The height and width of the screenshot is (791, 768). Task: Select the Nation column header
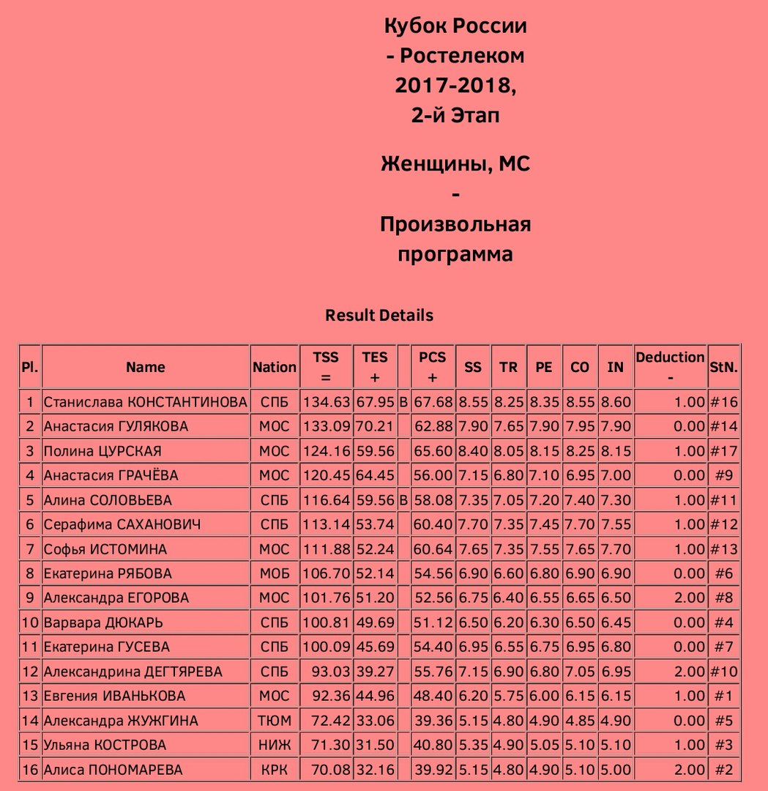275,368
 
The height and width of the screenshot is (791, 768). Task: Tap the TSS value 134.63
326,402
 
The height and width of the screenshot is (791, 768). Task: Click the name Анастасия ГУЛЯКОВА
116,426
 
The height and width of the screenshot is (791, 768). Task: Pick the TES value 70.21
374,426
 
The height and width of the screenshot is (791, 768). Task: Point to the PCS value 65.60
432,451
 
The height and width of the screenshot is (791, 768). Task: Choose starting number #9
723,475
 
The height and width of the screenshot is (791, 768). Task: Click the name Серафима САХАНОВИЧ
122,524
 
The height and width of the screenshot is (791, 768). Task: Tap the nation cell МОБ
275,573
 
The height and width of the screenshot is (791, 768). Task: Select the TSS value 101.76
326,598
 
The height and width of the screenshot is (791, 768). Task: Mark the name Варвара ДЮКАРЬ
103,623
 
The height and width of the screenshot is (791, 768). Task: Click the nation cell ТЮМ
275,721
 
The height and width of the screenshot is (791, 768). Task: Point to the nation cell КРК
275,770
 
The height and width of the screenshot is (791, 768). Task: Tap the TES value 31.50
374,745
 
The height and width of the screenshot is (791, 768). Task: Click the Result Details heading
379,316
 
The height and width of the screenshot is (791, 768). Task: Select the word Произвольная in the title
455,224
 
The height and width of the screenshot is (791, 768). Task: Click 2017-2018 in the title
454,85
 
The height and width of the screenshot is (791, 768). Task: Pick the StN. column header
723,368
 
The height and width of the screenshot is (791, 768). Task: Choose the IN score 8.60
615,402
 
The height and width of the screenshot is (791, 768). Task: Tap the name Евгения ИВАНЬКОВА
114,696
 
